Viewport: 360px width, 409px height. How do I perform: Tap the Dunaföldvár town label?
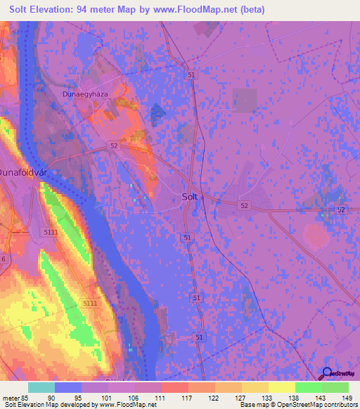(22, 171)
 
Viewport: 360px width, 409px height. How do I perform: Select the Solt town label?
(191, 197)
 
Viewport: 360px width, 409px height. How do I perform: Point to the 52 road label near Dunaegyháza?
(114, 145)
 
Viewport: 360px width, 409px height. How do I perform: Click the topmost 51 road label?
(191, 74)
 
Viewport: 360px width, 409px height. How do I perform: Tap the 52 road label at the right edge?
(341, 210)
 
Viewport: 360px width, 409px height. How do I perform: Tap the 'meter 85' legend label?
(15, 396)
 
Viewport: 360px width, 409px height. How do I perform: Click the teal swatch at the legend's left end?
(41, 387)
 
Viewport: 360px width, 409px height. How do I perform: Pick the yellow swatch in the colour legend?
(281, 387)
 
